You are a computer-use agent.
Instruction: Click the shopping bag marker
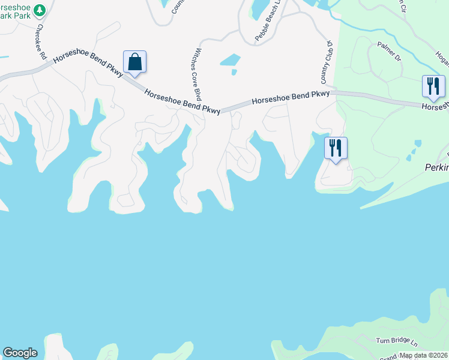[x=134, y=62]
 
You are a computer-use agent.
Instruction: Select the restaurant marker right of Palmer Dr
[x=433, y=86]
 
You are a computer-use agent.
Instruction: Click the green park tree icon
[x=40, y=10]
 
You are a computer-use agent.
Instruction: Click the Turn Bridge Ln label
[x=396, y=341]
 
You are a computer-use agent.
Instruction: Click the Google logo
[x=20, y=353]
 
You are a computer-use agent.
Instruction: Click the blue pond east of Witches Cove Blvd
[x=230, y=60]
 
